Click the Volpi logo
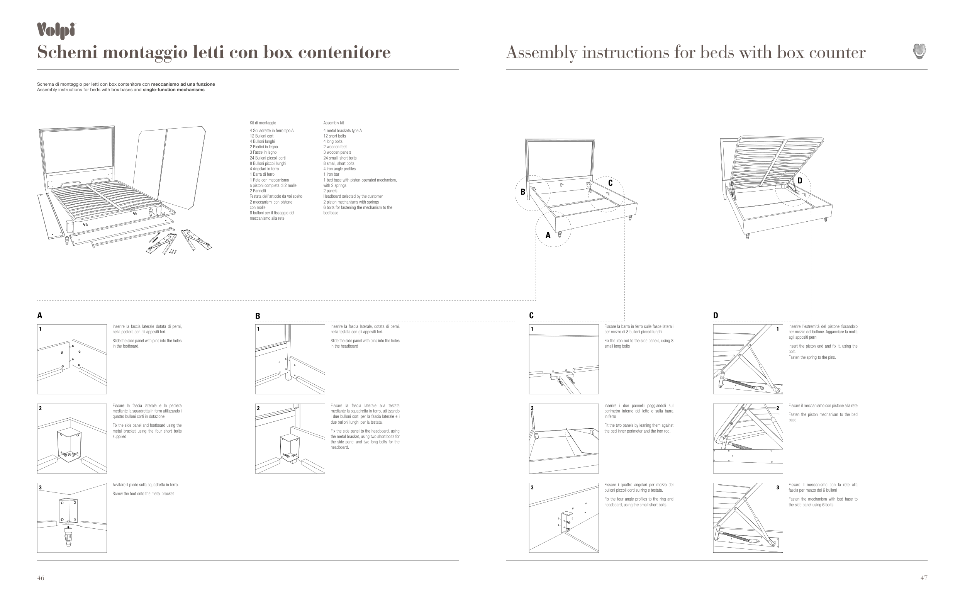click(56, 31)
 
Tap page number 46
click(41, 578)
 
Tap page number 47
click(924, 578)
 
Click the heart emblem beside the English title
click(919, 51)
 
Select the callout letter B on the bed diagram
click(522, 192)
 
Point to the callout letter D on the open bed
click(800, 181)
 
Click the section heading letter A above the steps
click(40, 316)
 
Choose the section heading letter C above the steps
click(531, 316)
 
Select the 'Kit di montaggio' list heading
click(263, 123)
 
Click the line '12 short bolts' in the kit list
click(335, 136)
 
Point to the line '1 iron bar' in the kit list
click(331, 175)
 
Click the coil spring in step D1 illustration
click(738, 383)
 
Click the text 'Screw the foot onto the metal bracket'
click(143, 494)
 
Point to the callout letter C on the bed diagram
click(610, 183)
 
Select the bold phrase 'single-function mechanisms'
click(174, 90)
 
